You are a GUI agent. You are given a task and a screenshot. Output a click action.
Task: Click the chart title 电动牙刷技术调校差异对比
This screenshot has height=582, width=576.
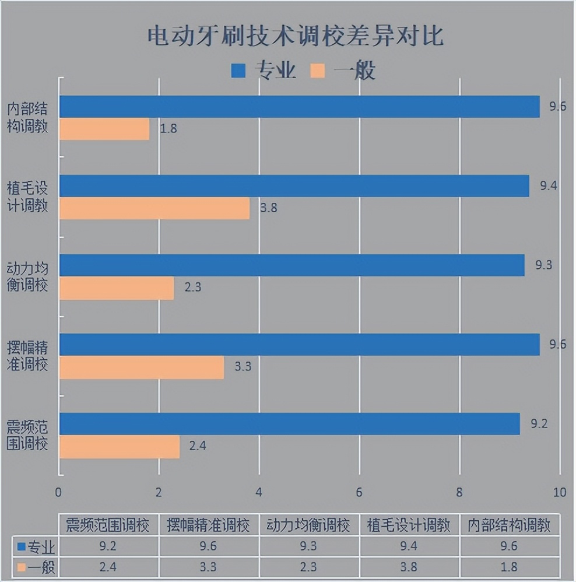[x=295, y=36]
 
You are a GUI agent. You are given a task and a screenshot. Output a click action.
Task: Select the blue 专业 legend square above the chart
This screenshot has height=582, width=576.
[x=239, y=71]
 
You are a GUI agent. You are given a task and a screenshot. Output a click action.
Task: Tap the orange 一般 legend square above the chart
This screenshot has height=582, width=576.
[x=318, y=71]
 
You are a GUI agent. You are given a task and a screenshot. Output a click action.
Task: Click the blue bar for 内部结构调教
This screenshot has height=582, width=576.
[x=299, y=107]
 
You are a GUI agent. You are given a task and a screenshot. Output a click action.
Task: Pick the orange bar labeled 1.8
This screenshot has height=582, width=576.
[x=104, y=129]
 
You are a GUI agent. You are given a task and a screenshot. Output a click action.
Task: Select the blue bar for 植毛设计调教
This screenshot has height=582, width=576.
[x=294, y=186]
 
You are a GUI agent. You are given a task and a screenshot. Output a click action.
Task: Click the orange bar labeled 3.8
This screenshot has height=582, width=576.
[x=154, y=208]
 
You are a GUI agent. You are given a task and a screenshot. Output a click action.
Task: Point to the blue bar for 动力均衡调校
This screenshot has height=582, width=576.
[x=291, y=265]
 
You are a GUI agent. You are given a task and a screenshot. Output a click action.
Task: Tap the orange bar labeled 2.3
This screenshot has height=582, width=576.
[x=117, y=288]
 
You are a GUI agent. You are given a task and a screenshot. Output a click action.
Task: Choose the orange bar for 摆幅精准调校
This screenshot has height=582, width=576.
[x=142, y=367]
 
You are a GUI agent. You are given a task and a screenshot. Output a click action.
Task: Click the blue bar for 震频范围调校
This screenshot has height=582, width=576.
[x=289, y=424]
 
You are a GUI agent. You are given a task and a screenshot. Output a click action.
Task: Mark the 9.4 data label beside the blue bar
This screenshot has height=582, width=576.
[x=549, y=186]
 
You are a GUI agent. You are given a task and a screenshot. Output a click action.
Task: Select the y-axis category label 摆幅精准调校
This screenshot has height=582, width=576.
[x=27, y=356]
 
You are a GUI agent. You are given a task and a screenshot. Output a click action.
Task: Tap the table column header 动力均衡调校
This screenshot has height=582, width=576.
[x=309, y=525]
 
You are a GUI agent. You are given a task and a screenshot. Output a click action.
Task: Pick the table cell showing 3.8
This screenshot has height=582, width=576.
[x=409, y=567]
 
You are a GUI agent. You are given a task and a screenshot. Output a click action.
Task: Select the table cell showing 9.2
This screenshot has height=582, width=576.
[x=108, y=547]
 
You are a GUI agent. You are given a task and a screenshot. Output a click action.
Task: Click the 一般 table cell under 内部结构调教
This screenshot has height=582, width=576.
[x=510, y=567]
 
